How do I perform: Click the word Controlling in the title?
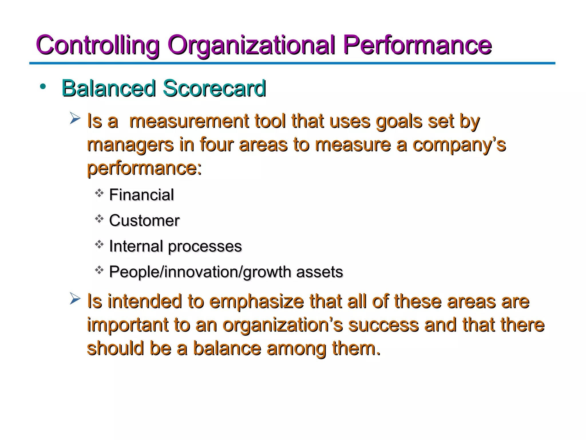97,45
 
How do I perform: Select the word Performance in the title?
417,45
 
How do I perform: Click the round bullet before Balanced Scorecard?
43,86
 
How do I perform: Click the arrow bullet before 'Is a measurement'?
75,118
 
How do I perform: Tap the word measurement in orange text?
189,121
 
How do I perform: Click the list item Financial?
141,195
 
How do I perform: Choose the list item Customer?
144,221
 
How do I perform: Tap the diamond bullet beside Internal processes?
99,245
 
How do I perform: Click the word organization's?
282,325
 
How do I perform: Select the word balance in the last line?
227,349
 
